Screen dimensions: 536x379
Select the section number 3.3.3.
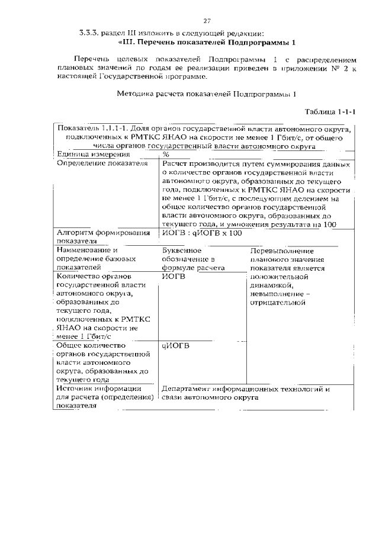pos(89,33)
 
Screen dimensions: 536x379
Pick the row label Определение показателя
pos(101,163)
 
